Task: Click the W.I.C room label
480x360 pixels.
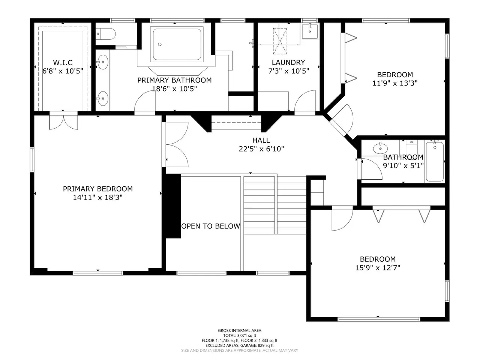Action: (x=63, y=63)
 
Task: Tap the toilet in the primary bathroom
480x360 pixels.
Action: (x=105, y=34)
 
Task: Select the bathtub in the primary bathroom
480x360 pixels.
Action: (x=177, y=44)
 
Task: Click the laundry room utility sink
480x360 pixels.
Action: (x=310, y=31)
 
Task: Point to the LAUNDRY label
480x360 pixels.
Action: (x=288, y=63)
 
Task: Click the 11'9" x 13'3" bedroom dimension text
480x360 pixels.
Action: (x=395, y=83)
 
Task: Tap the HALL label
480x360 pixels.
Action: (x=261, y=140)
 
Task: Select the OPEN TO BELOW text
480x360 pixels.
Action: (x=211, y=226)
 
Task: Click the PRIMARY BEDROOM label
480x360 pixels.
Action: (x=98, y=189)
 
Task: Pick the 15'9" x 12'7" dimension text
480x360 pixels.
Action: (x=378, y=268)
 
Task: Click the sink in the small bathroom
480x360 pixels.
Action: (x=380, y=148)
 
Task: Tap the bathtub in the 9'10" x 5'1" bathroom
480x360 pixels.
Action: (x=435, y=162)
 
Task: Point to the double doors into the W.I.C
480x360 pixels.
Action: (x=64, y=121)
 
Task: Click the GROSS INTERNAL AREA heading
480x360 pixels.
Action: (x=240, y=331)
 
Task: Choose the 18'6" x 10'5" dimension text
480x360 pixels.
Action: (x=174, y=89)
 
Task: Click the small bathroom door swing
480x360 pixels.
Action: (x=372, y=169)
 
